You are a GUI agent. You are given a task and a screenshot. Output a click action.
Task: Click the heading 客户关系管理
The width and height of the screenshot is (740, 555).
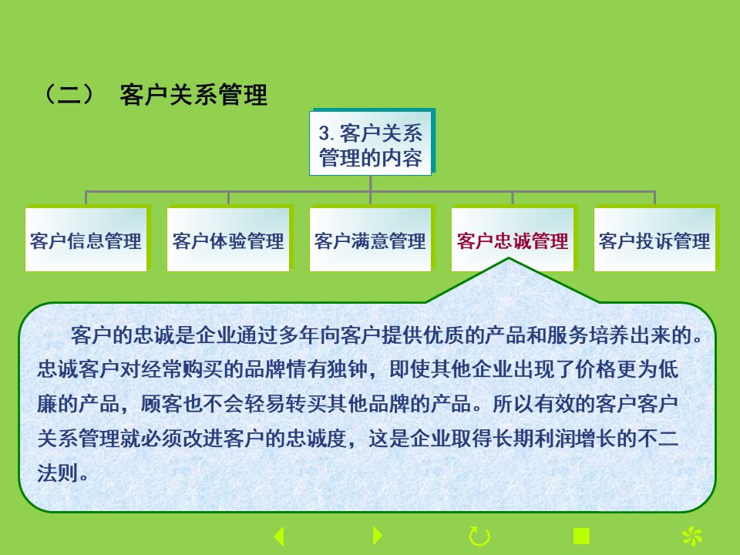tap(193, 95)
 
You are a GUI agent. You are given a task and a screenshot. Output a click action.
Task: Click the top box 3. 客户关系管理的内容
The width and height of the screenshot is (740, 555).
tap(371, 143)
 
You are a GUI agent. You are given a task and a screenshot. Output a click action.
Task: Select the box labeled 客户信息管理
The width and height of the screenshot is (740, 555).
tap(86, 239)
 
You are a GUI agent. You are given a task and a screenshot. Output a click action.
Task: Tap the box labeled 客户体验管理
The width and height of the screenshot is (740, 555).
tap(228, 239)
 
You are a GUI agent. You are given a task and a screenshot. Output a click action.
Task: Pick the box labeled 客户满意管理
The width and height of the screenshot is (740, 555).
tap(371, 239)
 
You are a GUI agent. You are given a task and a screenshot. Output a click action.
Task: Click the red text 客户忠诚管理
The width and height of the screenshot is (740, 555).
tap(513, 241)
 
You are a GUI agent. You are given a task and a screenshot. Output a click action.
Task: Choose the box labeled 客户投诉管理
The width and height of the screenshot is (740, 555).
tap(655, 239)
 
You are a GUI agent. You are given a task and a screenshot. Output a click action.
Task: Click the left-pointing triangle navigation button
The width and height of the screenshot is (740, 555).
tap(279, 536)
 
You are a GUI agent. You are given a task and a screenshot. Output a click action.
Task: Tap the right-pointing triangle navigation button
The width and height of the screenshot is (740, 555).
tap(378, 536)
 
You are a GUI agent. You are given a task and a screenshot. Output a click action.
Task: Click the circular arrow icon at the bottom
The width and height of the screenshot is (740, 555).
tap(479, 536)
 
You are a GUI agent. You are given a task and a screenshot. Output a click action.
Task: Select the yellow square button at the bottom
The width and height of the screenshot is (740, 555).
tap(581, 536)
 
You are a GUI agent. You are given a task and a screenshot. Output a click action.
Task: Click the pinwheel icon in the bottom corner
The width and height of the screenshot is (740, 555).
tap(692, 536)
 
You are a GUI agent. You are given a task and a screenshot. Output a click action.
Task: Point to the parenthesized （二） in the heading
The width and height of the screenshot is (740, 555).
tap(69, 94)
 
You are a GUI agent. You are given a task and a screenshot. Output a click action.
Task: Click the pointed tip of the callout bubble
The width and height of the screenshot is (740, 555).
tap(509, 258)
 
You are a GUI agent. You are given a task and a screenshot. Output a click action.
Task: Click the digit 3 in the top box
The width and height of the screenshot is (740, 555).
tap(324, 133)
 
